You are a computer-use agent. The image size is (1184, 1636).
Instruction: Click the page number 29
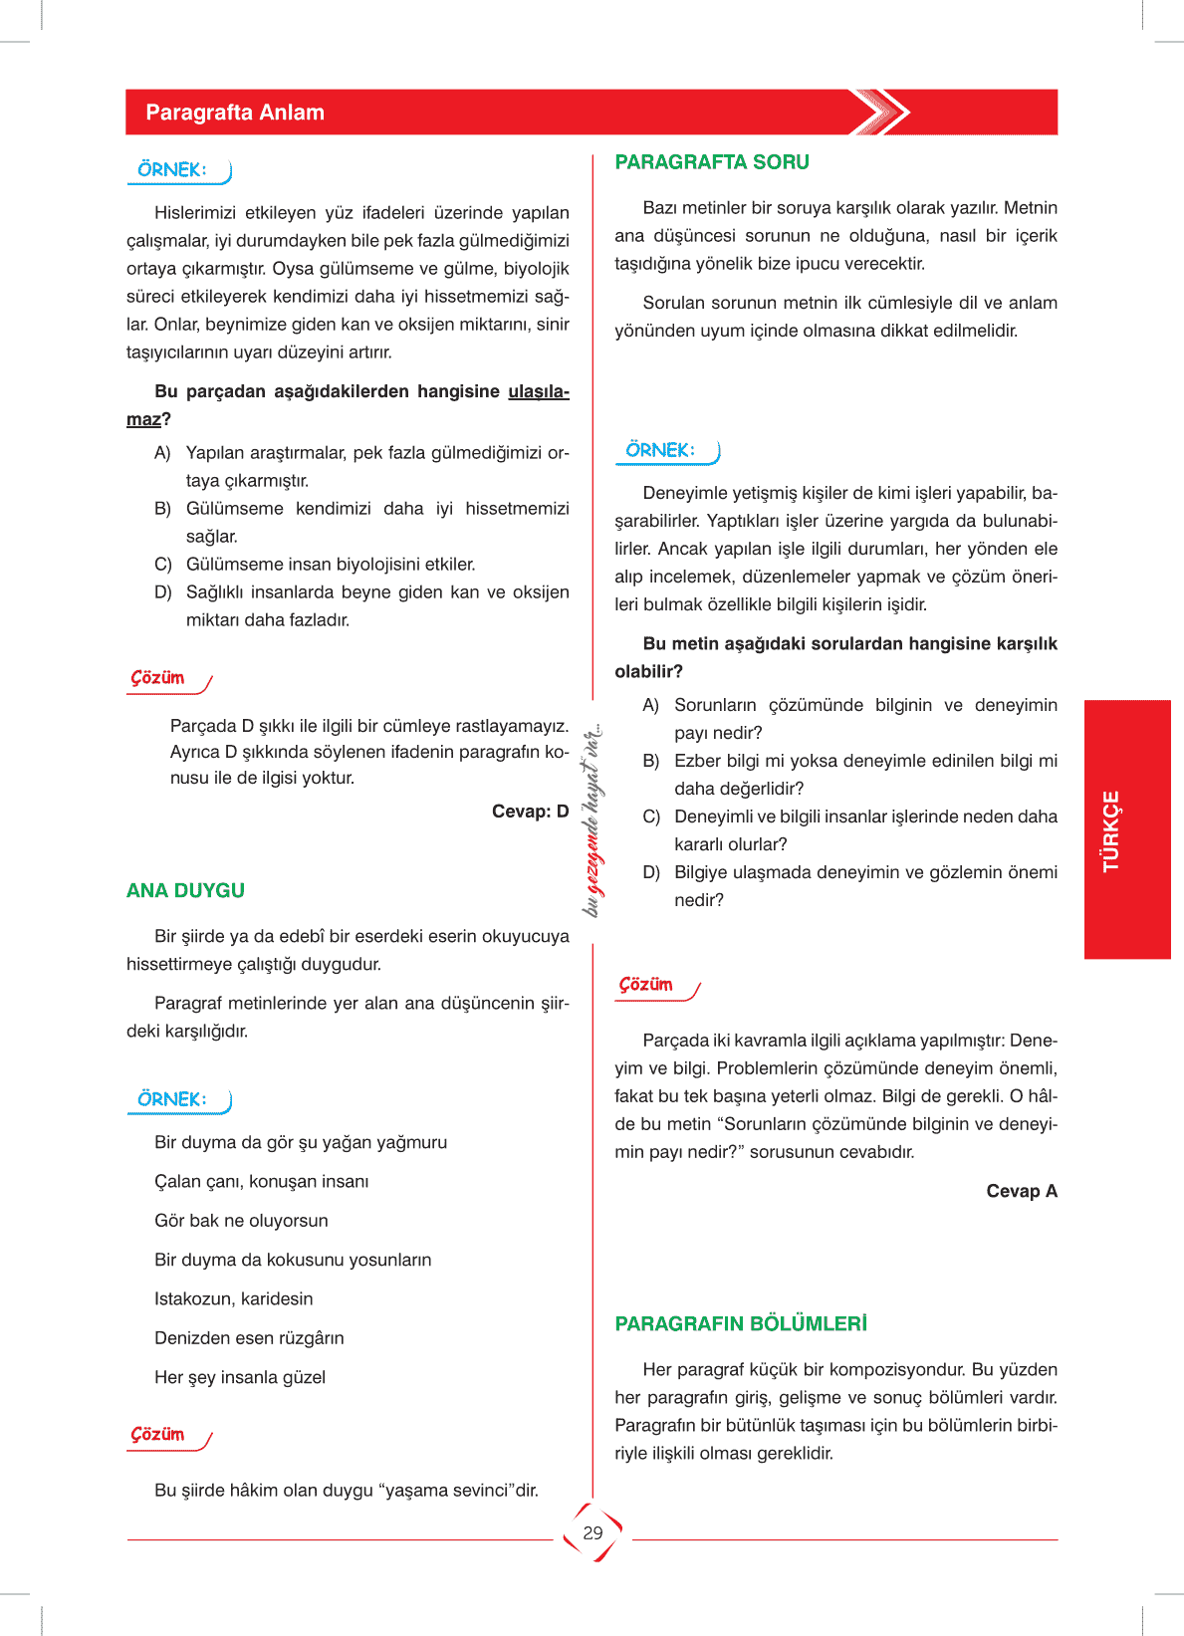coord(592,1532)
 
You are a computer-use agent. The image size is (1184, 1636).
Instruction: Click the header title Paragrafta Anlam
coord(235,113)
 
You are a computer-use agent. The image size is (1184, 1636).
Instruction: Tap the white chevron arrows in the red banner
coord(880,112)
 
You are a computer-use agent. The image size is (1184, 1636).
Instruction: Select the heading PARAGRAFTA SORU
coord(711,162)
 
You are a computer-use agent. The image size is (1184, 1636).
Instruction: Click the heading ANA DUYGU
coord(185,890)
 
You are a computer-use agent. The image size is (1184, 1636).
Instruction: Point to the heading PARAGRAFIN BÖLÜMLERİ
coord(741,1323)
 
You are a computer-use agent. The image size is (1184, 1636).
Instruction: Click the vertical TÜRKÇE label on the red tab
coord(1111,830)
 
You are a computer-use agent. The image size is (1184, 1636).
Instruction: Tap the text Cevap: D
coord(530,812)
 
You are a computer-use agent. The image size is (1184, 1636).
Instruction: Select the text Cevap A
coord(1021,1191)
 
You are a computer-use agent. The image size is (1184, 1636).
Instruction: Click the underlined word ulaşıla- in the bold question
coord(538,391)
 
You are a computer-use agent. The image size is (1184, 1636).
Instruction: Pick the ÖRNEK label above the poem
coord(172,1099)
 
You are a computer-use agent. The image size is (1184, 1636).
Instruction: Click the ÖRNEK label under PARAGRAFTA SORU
coord(660,450)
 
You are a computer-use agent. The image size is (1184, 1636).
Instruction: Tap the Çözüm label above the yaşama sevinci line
coord(158,1434)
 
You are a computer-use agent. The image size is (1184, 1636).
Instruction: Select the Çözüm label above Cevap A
coord(646,984)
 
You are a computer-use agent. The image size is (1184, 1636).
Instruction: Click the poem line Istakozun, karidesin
coord(233,1298)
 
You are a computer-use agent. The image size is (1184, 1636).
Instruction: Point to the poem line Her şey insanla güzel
coord(240,1377)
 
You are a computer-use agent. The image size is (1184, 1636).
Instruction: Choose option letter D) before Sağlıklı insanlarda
coord(163,592)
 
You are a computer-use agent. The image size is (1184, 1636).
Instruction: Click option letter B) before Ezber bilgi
coord(651,761)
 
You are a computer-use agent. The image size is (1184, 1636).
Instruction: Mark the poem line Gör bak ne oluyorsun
coord(241,1221)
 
